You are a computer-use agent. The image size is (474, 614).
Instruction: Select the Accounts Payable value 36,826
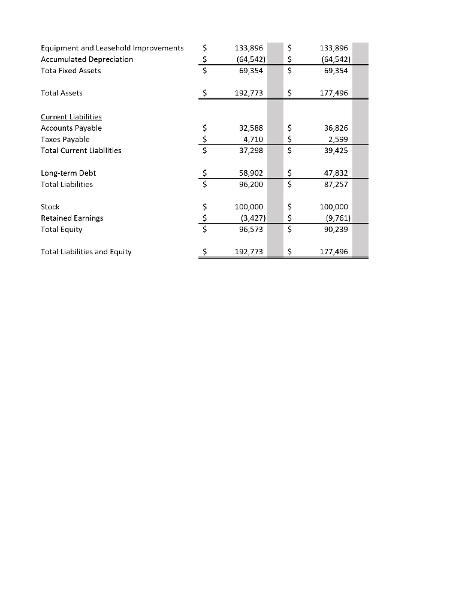(x=336, y=128)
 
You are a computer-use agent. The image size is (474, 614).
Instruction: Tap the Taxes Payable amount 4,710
(x=253, y=139)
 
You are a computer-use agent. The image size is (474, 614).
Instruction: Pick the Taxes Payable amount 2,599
(x=338, y=139)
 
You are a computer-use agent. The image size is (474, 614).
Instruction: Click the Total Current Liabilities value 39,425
(x=336, y=151)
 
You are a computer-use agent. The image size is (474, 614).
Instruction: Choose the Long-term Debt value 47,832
(x=336, y=173)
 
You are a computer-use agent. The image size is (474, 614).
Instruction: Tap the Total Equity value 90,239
(x=336, y=229)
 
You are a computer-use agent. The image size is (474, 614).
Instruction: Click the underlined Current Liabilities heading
(x=71, y=117)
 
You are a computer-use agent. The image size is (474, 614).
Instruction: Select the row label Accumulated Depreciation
(x=87, y=59)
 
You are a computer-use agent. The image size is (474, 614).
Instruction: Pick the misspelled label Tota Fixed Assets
(x=71, y=71)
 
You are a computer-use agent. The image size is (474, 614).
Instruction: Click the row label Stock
(x=50, y=207)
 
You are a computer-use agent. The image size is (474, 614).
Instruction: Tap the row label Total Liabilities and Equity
(x=86, y=252)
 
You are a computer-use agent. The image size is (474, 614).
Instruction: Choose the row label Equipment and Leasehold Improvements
(x=112, y=48)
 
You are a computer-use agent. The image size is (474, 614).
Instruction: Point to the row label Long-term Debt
(x=68, y=173)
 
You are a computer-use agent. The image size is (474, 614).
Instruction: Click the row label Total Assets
(x=62, y=93)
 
